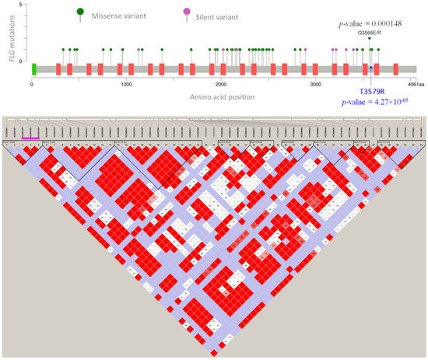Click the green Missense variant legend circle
click(x=80, y=11)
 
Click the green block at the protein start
click(x=34, y=69)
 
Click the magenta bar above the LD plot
click(x=31, y=138)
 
